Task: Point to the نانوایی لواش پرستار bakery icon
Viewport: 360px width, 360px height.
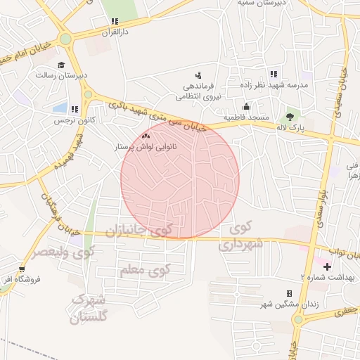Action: click(x=146, y=136)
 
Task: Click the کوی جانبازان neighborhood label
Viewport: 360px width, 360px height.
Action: click(x=139, y=231)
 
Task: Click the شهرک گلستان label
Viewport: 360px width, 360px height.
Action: click(x=91, y=309)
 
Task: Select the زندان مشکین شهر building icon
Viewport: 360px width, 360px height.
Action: click(x=289, y=293)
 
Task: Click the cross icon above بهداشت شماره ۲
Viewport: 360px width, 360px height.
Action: click(x=326, y=266)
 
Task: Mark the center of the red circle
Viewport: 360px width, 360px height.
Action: click(x=180, y=179)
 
